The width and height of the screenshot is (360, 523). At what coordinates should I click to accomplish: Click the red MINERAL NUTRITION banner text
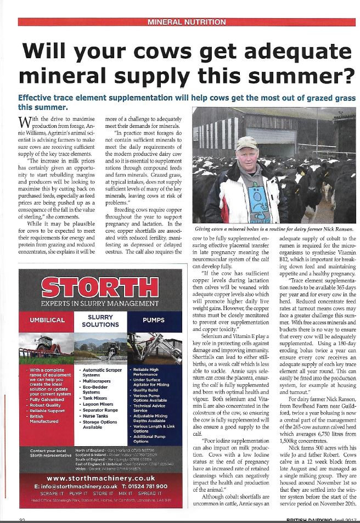point(187,22)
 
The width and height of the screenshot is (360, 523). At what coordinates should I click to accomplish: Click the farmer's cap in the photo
point(246,143)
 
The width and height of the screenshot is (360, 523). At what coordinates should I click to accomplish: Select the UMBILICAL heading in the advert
point(47,319)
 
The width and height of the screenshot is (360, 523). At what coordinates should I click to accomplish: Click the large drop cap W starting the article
point(25,123)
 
